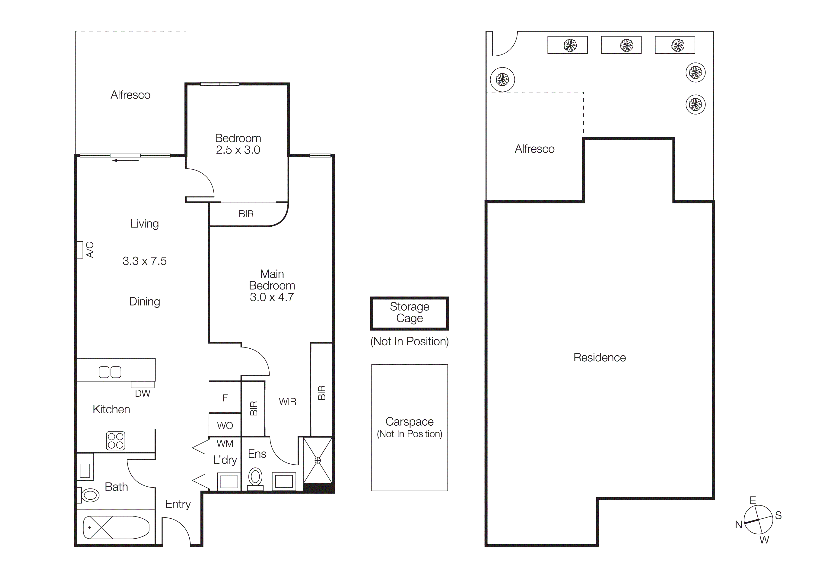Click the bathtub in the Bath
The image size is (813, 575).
tap(116, 527)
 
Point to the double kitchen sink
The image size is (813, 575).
tap(110, 372)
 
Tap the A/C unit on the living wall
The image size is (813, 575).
tap(80, 250)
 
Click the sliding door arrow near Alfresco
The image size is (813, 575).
tap(125, 161)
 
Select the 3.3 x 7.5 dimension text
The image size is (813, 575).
tap(144, 261)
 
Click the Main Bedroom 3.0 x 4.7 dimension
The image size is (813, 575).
tap(272, 297)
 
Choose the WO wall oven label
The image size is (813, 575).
tap(225, 425)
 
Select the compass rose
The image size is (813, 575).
tap(758, 520)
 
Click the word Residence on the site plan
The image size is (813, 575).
tap(600, 357)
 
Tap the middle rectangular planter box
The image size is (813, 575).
tap(621, 45)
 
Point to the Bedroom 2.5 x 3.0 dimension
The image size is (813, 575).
tap(238, 150)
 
